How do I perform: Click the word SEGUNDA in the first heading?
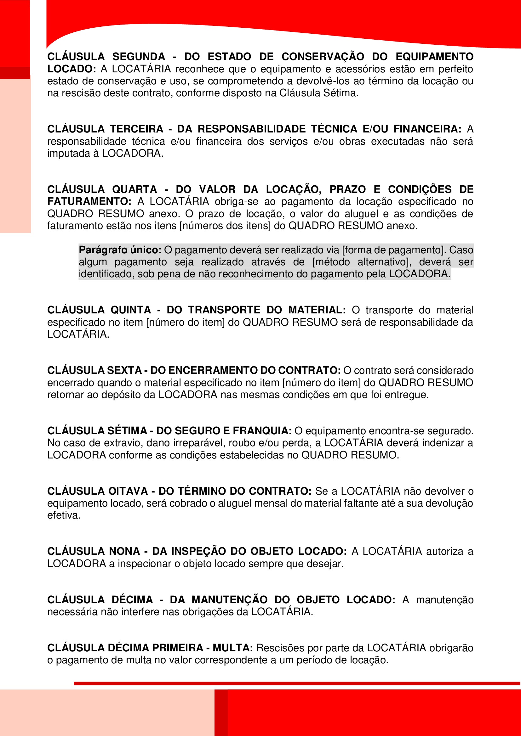[x=139, y=57]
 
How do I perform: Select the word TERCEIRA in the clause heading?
[x=137, y=129]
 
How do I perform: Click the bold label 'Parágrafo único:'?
[x=120, y=250]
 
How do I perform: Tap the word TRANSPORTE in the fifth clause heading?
[x=224, y=310]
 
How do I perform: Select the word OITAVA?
[x=128, y=491]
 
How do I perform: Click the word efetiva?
[x=64, y=515]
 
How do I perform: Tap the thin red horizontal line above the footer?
[x=297, y=683]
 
